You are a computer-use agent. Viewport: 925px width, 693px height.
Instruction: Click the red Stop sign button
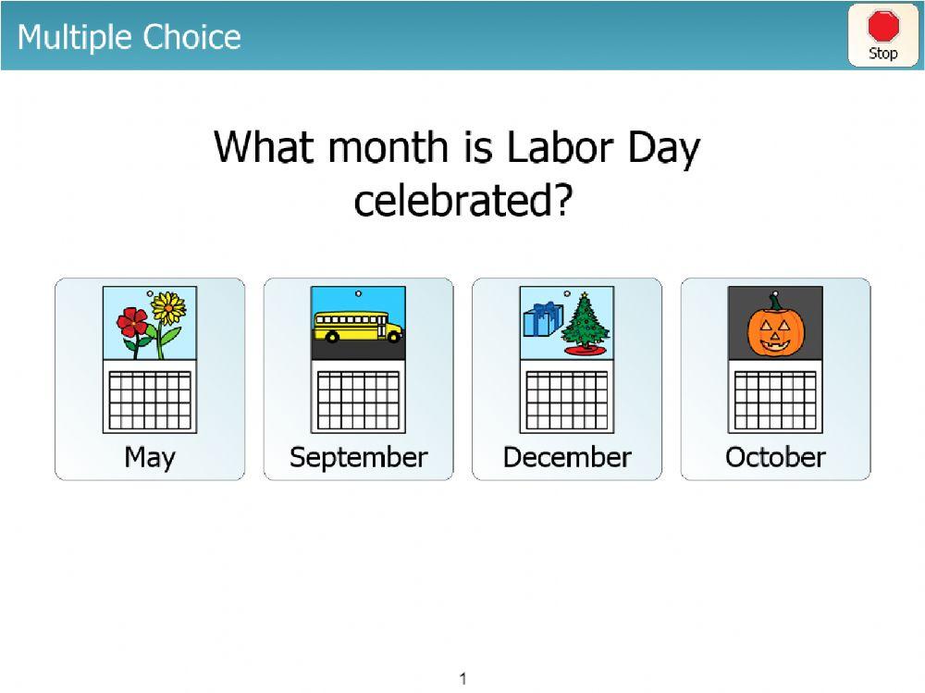point(882,35)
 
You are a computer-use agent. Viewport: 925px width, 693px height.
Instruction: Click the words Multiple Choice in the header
point(129,37)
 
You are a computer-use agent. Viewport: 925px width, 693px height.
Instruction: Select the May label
point(150,457)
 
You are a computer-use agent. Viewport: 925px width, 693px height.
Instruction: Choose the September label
point(359,457)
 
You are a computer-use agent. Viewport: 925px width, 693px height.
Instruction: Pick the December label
point(567,457)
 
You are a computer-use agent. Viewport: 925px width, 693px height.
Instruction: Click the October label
point(775,457)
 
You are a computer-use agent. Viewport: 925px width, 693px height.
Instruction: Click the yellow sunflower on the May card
point(168,310)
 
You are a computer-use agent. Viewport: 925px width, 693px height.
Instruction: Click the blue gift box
point(543,319)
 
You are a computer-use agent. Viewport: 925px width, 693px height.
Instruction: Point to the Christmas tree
point(584,324)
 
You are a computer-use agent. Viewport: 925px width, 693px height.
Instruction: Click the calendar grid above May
point(150,400)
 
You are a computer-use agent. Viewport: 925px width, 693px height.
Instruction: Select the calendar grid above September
point(359,400)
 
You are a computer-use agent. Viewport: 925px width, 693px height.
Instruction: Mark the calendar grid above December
point(567,400)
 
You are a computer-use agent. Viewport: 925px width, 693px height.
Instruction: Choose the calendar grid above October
point(775,400)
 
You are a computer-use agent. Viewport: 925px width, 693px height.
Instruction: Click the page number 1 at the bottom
point(463,679)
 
